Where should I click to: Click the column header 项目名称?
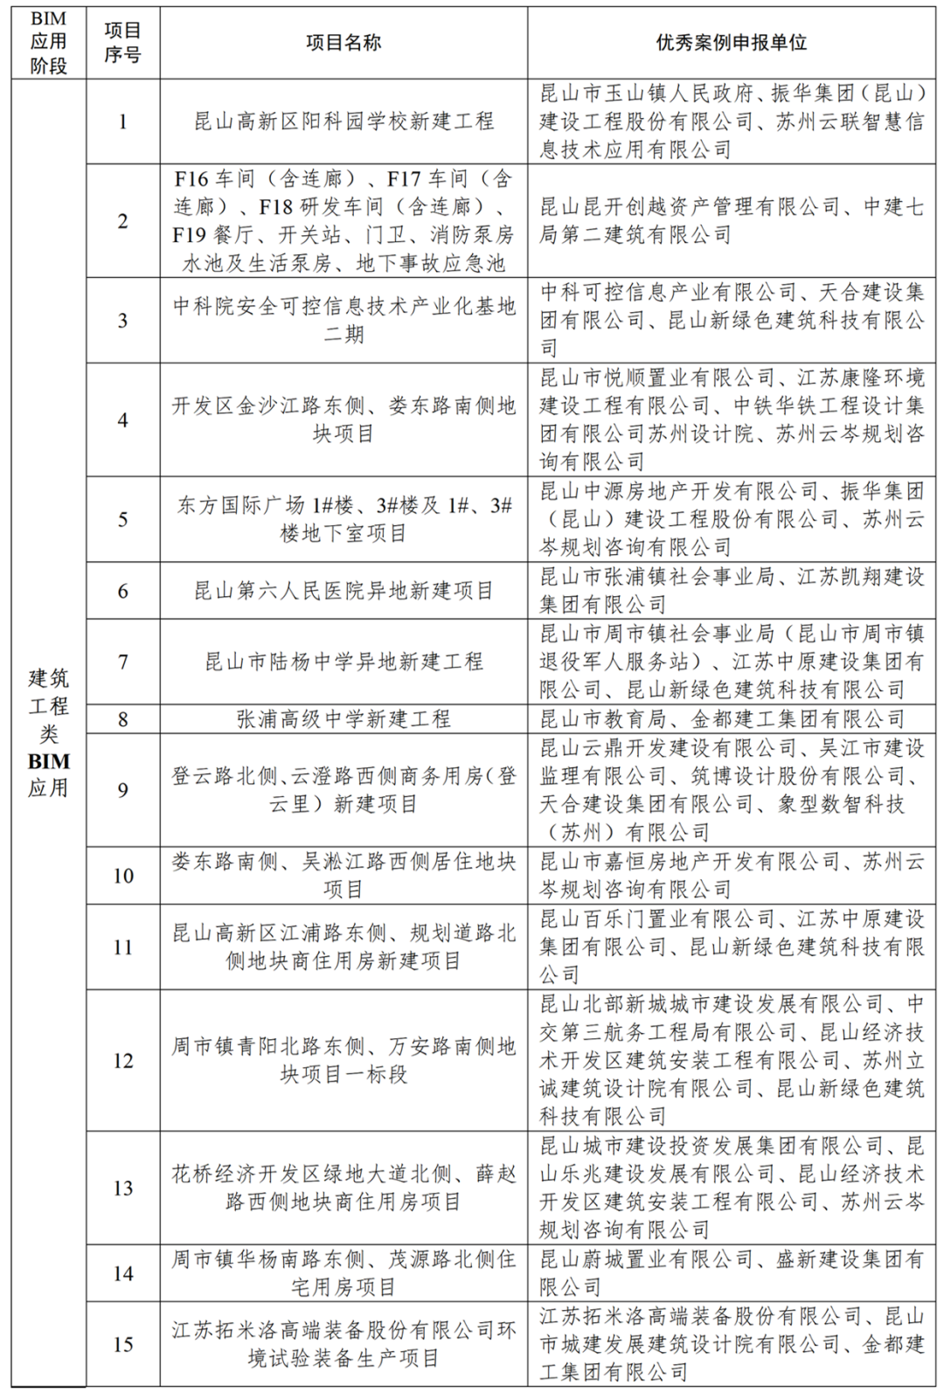(343, 43)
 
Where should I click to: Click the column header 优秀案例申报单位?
(731, 43)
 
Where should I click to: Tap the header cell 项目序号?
(122, 43)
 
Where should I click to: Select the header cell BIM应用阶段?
(48, 43)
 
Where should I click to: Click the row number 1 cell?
(122, 121)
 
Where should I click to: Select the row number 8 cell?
(122, 719)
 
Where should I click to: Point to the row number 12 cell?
(122, 1060)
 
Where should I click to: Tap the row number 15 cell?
(122, 1344)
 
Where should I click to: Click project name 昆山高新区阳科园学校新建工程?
(343, 121)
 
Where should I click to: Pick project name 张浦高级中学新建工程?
(343, 719)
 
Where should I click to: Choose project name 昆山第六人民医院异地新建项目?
(343, 591)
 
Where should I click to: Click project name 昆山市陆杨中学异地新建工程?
(343, 662)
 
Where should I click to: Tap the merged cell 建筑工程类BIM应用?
(48, 732)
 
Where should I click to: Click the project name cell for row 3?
(343, 320)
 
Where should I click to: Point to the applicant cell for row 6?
(731, 591)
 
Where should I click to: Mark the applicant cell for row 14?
(731, 1273)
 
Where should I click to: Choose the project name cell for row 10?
(343, 875)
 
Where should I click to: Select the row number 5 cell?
(122, 519)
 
